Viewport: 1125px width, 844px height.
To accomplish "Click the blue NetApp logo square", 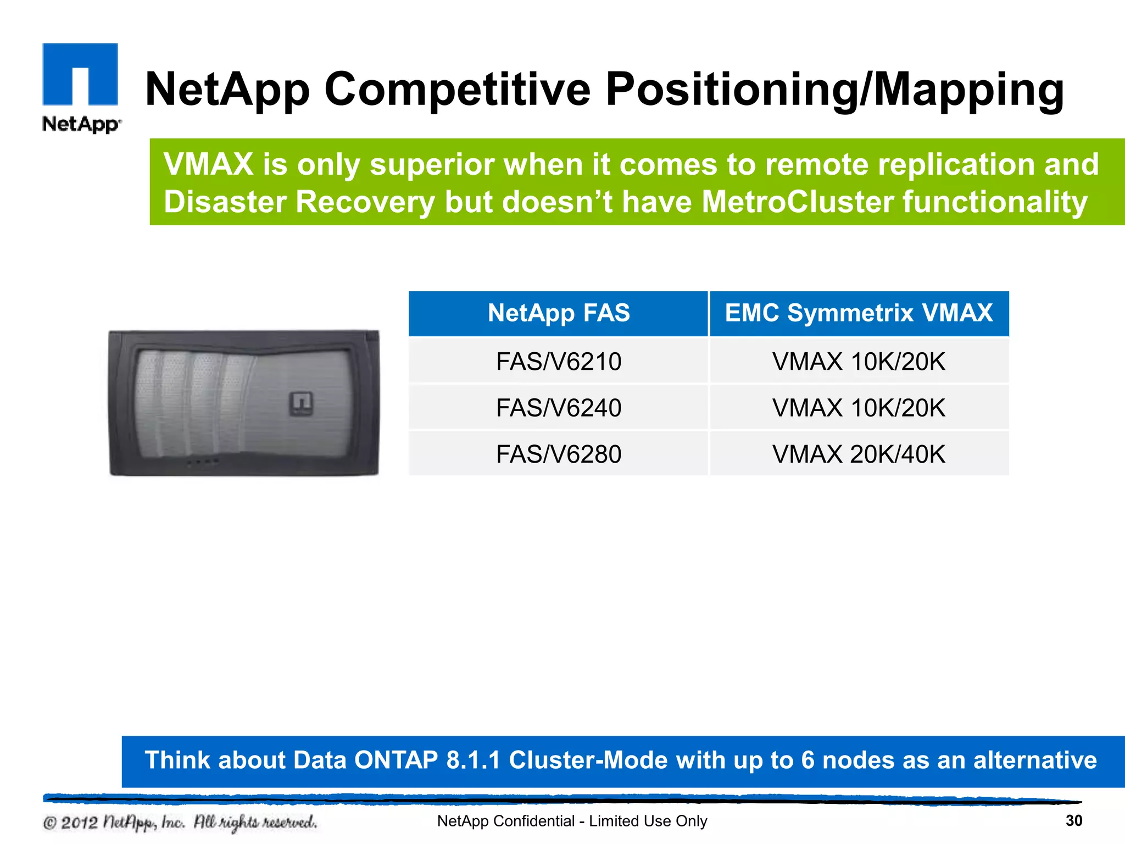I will tap(80, 74).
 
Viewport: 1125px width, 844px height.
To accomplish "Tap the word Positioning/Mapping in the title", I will tap(834, 90).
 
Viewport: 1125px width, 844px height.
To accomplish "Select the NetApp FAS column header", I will tap(559, 313).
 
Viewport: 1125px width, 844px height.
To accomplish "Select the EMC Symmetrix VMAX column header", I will tap(859, 313).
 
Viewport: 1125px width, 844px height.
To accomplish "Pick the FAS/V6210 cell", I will tap(559, 362).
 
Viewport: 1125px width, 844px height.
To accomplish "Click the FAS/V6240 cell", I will tap(559, 408).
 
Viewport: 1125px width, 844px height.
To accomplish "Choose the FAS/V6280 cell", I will tap(559, 454).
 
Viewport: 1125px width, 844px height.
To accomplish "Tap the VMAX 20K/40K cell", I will tap(859, 454).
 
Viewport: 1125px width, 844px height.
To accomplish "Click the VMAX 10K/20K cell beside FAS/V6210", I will tap(859, 362).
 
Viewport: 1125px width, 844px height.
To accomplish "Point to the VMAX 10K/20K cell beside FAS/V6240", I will tap(859, 408).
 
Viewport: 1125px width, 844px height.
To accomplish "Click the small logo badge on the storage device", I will tap(301, 403).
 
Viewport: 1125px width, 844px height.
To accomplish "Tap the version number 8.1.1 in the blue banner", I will tap(473, 760).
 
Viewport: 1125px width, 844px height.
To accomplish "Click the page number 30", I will tap(1074, 821).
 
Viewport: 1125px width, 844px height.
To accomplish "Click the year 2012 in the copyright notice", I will tap(79, 823).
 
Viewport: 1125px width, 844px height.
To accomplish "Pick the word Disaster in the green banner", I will tap(225, 202).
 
